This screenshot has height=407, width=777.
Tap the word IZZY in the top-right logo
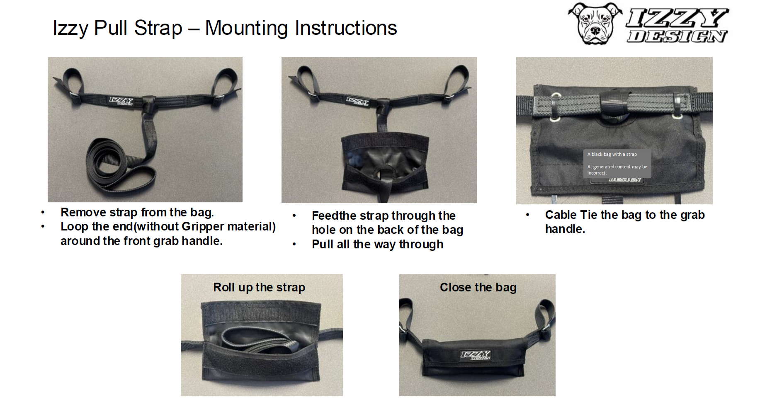tap(677, 18)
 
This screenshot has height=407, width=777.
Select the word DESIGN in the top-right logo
tap(677, 36)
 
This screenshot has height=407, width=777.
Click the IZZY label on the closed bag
tap(476, 355)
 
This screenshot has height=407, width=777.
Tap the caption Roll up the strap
tap(259, 287)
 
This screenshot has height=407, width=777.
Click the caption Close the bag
tap(478, 287)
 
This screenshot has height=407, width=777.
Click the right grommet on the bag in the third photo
tap(676, 116)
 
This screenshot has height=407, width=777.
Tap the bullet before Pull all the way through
tap(294, 245)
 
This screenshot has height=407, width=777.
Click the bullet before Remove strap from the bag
tap(43, 213)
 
